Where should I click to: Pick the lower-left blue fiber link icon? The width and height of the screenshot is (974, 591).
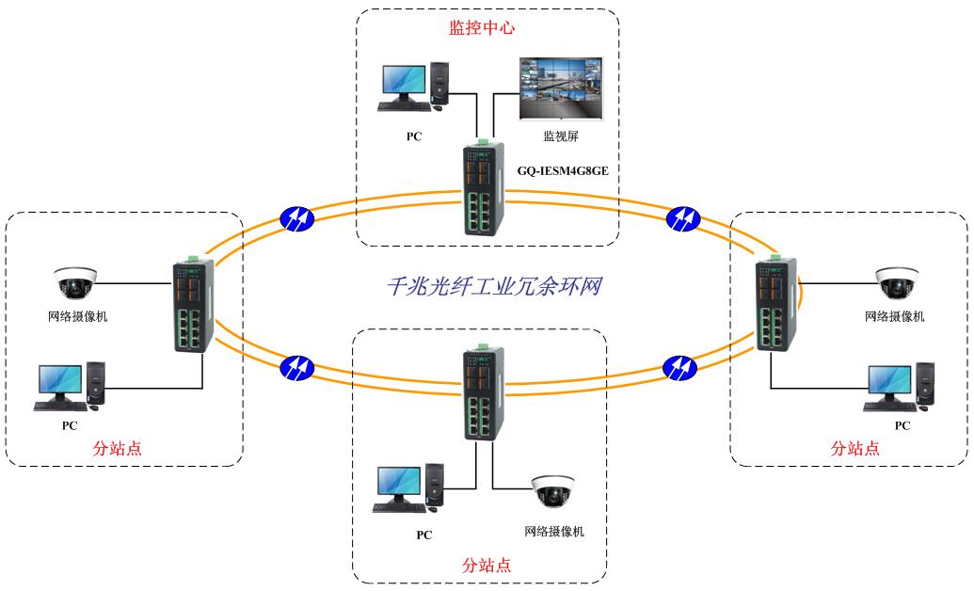(x=297, y=365)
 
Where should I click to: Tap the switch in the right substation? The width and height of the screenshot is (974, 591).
(x=774, y=305)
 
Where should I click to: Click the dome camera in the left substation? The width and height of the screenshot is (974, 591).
(x=75, y=280)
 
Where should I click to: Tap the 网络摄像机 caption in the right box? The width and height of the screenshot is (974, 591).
(x=894, y=316)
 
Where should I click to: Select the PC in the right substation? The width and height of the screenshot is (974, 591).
(x=901, y=387)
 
